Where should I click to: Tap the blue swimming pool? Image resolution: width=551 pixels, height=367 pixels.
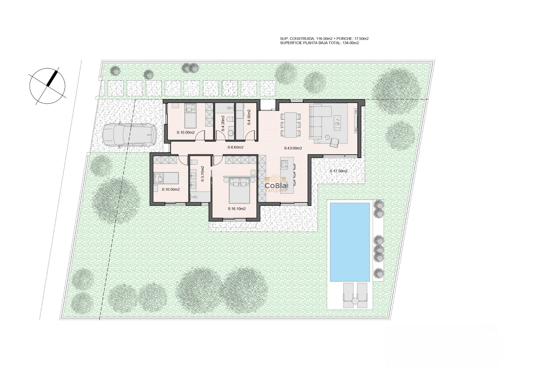[350, 242]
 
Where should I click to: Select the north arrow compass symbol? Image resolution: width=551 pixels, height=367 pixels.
[48, 86]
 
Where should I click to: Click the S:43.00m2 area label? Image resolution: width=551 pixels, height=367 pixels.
[293, 148]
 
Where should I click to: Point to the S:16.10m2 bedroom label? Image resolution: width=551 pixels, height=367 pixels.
[237, 209]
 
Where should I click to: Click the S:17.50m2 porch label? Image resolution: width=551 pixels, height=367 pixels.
[338, 171]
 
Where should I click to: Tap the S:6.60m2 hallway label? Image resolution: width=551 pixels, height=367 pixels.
[235, 147]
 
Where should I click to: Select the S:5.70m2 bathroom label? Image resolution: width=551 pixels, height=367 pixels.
[202, 174]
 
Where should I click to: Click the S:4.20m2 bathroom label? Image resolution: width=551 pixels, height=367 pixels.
[223, 123]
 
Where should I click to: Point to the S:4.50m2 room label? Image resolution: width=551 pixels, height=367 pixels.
[249, 117]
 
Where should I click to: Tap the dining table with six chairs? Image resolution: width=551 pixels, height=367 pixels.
[290, 124]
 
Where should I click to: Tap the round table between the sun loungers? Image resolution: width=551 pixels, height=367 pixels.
[355, 301]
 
